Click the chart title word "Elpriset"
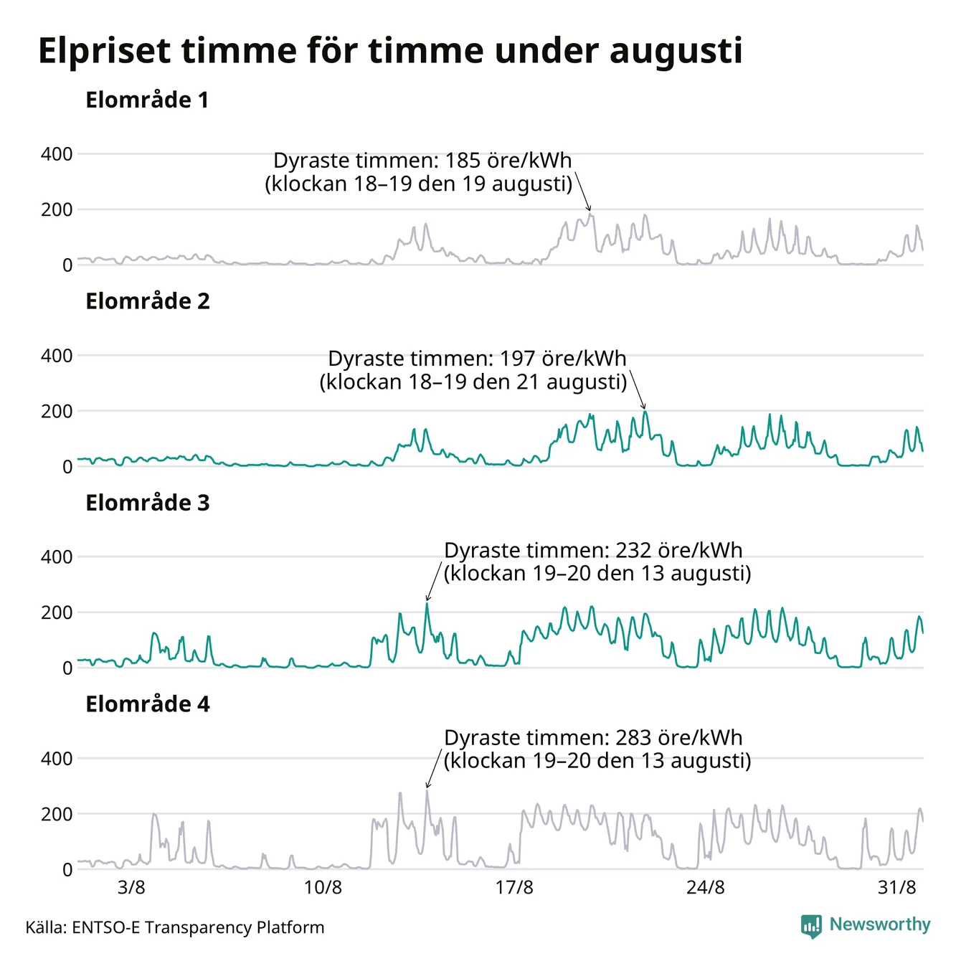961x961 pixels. pyautogui.click(x=104, y=51)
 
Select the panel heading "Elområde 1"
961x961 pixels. pyautogui.click(x=147, y=100)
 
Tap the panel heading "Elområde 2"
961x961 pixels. pyautogui.click(x=148, y=301)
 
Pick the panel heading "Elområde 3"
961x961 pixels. pyautogui.click(x=148, y=503)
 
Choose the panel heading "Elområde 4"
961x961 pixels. pyautogui.click(x=148, y=704)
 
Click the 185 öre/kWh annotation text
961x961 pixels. pyautogui.click(x=418, y=172)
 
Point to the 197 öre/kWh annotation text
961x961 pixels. pyautogui.click(x=473, y=370)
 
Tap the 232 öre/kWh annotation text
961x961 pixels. pyautogui.click(x=597, y=562)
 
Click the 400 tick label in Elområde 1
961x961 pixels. pyautogui.click(x=57, y=154)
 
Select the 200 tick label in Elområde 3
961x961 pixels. pyautogui.click(x=57, y=612)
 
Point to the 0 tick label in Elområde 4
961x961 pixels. pyautogui.click(x=67, y=870)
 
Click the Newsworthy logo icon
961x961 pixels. pyautogui.click(x=811, y=926)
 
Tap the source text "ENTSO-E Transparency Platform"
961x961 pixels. pyautogui.click(x=198, y=927)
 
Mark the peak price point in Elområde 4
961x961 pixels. pyautogui.click(x=427, y=790)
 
